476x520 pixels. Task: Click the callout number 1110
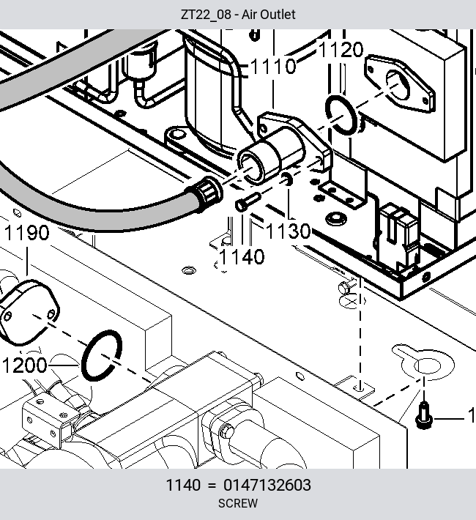[x=273, y=66]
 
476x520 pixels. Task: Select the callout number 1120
[x=341, y=50]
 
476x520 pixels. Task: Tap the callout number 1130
[x=289, y=231]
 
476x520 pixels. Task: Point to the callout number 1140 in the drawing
[x=242, y=256]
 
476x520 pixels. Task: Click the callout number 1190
[x=27, y=232]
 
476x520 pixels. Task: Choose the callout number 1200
[x=25, y=365]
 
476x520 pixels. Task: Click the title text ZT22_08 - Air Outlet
[x=238, y=15]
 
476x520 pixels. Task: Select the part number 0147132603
[x=267, y=485]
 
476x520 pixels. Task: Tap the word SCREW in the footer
[x=238, y=503]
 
